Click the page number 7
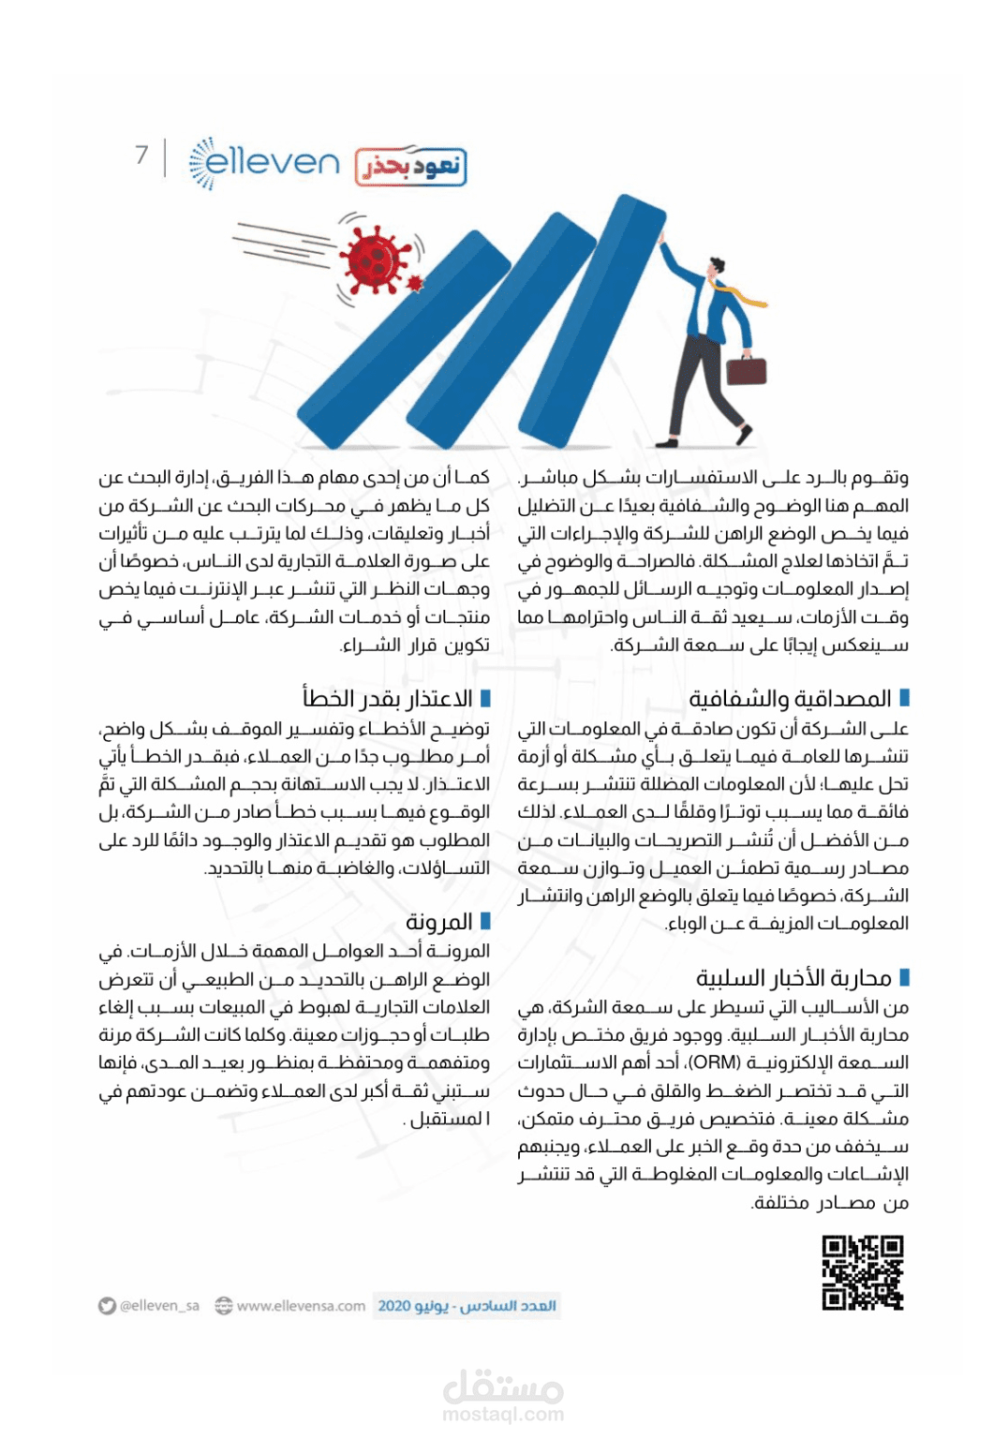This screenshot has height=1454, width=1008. point(141,155)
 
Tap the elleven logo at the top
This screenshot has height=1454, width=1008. point(265,163)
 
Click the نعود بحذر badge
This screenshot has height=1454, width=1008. point(410,167)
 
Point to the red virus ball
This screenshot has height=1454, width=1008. point(375,260)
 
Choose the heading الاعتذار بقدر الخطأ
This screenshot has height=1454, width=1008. point(387,699)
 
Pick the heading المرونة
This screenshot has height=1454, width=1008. point(438,922)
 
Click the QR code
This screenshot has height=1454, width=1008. point(863,1272)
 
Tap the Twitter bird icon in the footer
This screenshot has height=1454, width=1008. point(108,1306)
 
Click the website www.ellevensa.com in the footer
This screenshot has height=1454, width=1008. point(301,1306)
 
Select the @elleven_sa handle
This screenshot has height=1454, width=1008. point(159,1306)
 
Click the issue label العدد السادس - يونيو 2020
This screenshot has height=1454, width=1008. point(467,1306)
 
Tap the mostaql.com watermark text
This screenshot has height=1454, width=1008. point(503,1415)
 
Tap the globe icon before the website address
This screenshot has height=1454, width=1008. point(223,1306)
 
